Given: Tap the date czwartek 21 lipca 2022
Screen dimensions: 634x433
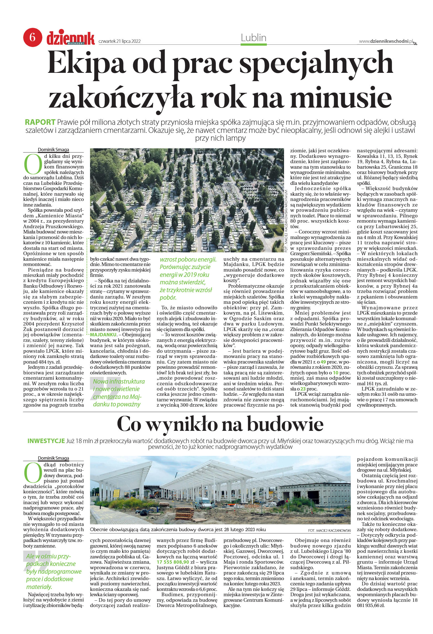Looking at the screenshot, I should pyautogui.click(x=120, y=41).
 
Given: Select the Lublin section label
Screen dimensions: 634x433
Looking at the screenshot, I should pyautogui.click(x=253, y=38).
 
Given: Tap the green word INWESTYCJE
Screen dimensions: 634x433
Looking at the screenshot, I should pyautogui.click(x=46, y=441).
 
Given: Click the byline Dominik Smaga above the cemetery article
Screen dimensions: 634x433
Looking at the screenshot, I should pyautogui.click(x=54, y=149).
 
